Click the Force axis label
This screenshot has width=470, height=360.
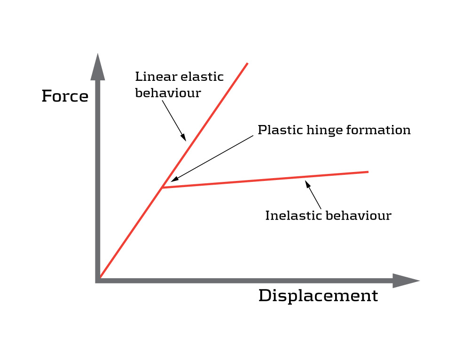pos(65,96)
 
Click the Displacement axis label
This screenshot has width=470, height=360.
pos(318,296)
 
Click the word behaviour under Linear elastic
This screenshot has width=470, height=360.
pos(168,93)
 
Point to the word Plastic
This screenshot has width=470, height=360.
pos(274,130)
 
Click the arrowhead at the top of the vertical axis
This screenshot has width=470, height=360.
pos(97,66)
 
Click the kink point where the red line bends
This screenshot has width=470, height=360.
pos(162,188)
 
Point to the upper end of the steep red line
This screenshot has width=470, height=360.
pos(247,63)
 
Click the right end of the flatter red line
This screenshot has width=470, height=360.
pos(368,172)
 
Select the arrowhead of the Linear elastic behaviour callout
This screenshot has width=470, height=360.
pos(184,138)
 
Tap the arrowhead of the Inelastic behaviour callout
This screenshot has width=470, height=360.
pos(308,184)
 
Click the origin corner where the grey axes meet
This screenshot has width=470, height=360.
pos(98,281)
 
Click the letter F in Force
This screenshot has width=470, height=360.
pos(47,96)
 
